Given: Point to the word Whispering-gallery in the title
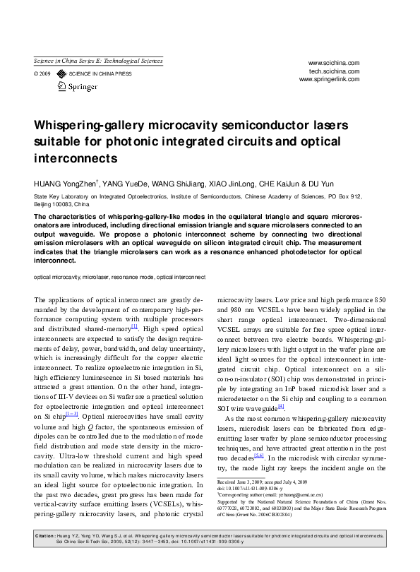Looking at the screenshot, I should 88,126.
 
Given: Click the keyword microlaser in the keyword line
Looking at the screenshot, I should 97,277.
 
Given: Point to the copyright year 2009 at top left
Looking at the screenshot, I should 44,73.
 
